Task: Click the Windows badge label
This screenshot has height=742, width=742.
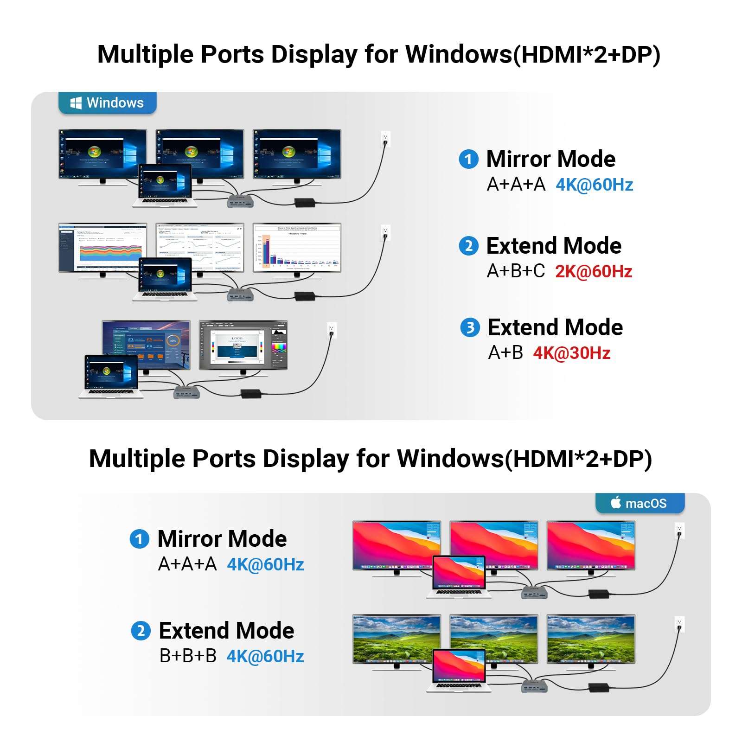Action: click(107, 102)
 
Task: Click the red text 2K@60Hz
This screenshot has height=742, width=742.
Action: click(594, 271)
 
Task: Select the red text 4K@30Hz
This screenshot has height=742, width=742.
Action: click(571, 353)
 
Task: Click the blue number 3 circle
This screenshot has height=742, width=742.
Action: click(470, 328)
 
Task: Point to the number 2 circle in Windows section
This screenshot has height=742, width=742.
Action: click(468, 246)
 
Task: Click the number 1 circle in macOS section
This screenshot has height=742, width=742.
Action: click(139, 539)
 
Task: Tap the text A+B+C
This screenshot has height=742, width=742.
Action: click(516, 271)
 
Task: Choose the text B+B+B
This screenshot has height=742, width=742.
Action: click(188, 656)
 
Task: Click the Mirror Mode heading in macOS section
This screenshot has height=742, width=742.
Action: click(222, 539)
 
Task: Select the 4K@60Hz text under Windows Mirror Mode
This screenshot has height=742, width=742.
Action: click(594, 185)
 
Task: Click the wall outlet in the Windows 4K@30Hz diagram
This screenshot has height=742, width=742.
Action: click(332, 329)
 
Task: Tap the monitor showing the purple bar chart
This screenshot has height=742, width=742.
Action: click(297, 248)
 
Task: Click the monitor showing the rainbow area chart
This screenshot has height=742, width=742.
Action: click(102, 248)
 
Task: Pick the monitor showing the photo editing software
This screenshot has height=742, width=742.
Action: click(243, 345)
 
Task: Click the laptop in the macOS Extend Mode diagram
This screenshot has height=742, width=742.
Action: click(459, 670)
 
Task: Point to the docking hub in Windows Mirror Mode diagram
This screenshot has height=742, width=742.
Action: click(240, 201)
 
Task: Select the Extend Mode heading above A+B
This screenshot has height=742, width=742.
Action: click(555, 327)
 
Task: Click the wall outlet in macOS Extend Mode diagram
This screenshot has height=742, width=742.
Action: click(679, 624)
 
